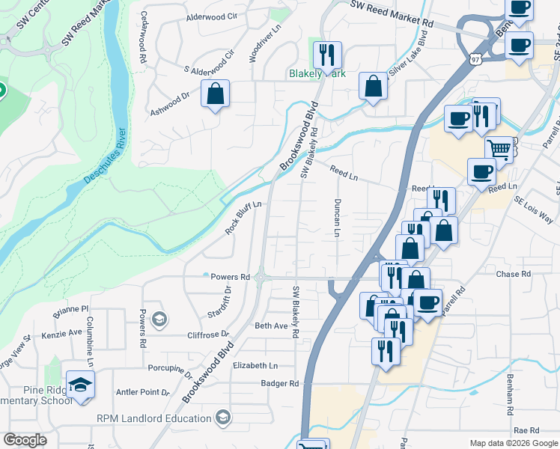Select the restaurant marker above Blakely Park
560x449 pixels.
326,55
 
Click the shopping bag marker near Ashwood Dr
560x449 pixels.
215,94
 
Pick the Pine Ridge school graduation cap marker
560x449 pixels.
80,385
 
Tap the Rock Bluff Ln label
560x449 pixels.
243,218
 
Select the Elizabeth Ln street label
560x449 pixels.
255,365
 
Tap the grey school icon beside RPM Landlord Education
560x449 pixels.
222,417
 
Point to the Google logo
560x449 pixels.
25,440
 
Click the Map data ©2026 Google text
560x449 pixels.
513,442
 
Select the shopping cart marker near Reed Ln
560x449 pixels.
499,149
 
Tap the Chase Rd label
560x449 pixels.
513,275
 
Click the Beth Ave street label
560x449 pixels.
271,326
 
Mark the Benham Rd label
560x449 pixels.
511,394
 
